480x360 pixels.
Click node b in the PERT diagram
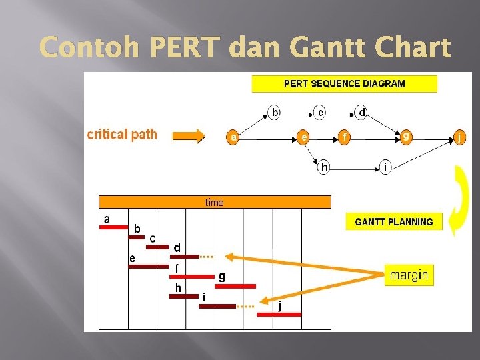275,113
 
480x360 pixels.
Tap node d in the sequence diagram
361,113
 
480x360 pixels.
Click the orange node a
233,137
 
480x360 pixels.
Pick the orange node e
303,137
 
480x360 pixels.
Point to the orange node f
345,137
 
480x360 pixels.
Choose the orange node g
406,137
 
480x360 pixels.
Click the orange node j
459,138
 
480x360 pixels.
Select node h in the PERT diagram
324,167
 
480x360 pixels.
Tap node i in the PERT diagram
385,167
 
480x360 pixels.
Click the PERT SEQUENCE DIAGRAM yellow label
344,84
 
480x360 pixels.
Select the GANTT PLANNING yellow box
393,222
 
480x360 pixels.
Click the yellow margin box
409,275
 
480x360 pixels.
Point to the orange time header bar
215,202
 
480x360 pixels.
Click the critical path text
122,135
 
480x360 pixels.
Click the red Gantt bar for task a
113,227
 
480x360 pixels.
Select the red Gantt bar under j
279,314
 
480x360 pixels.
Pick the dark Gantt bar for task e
149,267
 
